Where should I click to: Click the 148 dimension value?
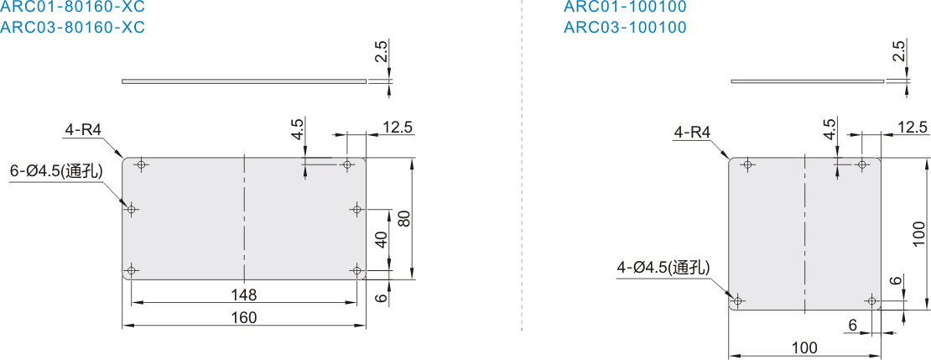[x=244, y=295]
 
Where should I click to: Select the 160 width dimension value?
[x=244, y=318]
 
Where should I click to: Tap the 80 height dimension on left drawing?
[x=403, y=219]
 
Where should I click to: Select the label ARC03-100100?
[x=625, y=28]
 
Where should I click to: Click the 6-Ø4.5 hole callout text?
[x=57, y=172]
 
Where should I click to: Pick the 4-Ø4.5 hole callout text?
[x=663, y=269]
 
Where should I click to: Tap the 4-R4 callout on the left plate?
[x=82, y=130]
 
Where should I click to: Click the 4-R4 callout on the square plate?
[x=692, y=132]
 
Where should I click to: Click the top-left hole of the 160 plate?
[x=141, y=164]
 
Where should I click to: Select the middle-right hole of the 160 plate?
[x=356, y=209]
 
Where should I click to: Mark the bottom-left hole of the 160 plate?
[x=132, y=271]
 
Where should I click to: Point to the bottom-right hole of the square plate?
[x=871, y=300]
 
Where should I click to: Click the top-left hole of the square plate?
[x=747, y=164]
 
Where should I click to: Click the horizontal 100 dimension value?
[x=804, y=347]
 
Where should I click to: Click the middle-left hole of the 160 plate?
[x=132, y=209]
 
